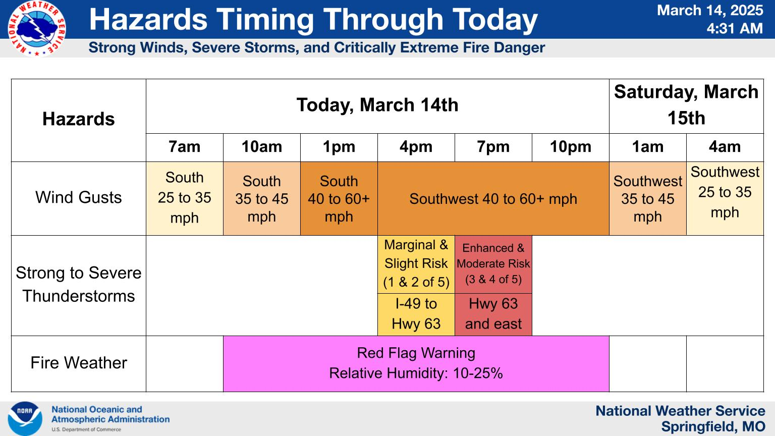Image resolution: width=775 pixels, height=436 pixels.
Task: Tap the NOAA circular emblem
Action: click(25, 418)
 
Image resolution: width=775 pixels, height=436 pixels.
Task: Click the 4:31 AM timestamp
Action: click(734, 28)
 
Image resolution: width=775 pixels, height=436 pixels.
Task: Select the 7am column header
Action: click(184, 147)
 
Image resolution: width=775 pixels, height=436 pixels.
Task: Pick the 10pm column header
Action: click(570, 147)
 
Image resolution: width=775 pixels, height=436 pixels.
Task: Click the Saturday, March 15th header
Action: click(686, 105)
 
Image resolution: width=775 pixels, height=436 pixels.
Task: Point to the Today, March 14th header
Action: click(377, 105)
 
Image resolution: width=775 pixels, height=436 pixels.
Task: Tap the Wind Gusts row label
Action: click(79, 197)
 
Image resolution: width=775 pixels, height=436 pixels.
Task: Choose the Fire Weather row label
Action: click(79, 363)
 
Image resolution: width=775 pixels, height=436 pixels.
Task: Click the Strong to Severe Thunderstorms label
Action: click(79, 284)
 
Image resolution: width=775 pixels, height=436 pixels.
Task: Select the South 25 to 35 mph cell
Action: click(184, 198)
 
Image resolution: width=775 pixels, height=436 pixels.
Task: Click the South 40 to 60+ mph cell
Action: click(339, 198)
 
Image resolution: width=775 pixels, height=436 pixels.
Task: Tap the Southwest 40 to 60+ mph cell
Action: click(493, 199)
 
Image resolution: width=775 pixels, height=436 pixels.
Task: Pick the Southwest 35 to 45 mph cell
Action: click(647, 198)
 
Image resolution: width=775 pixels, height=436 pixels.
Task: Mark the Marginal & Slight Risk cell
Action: click(416, 263)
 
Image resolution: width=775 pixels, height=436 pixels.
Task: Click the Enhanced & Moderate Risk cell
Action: click(493, 263)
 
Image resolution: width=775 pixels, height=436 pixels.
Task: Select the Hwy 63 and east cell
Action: click(493, 314)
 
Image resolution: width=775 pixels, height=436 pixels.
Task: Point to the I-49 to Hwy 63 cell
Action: click(416, 314)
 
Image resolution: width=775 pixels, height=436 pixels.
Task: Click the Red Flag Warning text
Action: click(416, 353)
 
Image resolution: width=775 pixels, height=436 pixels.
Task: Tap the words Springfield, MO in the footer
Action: click(713, 427)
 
